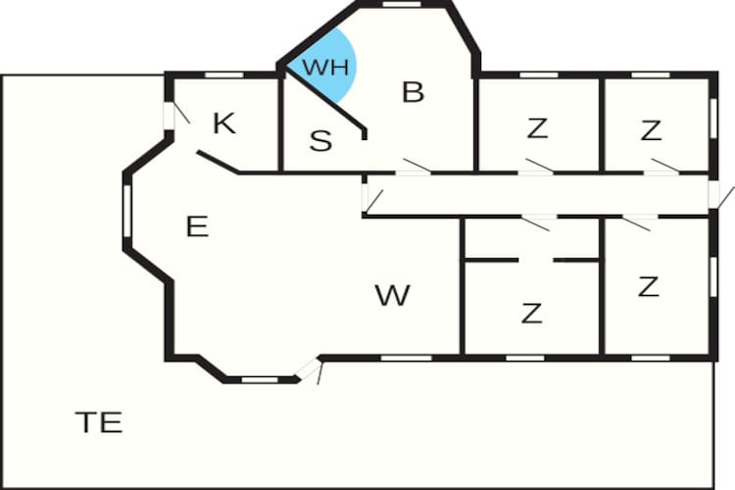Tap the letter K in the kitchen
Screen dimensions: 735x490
(x=224, y=123)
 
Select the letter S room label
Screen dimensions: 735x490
(x=320, y=140)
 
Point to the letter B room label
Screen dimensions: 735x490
(x=413, y=92)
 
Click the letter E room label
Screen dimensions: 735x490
(x=197, y=226)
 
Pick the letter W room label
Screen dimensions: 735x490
(x=393, y=295)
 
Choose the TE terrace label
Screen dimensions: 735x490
(x=99, y=422)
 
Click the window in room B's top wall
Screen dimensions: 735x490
(x=402, y=4)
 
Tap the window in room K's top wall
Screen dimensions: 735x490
(x=224, y=75)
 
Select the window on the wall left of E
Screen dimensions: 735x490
(x=126, y=211)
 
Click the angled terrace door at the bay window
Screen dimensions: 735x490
(x=309, y=368)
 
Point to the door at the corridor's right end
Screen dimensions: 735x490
(x=713, y=195)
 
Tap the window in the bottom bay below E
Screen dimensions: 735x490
(x=260, y=380)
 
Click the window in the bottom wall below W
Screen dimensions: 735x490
(x=406, y=359)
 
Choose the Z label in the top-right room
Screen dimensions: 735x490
(x=651, y=130)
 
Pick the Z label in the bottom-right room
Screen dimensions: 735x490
(x=649, y=287)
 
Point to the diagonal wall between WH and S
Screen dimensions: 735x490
(x=324, y=97)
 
